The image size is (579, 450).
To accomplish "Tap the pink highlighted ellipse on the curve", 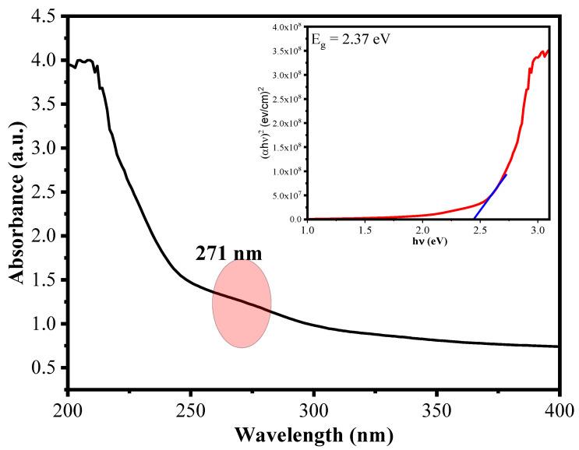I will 242,304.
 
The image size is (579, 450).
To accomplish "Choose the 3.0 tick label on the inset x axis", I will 538,231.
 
